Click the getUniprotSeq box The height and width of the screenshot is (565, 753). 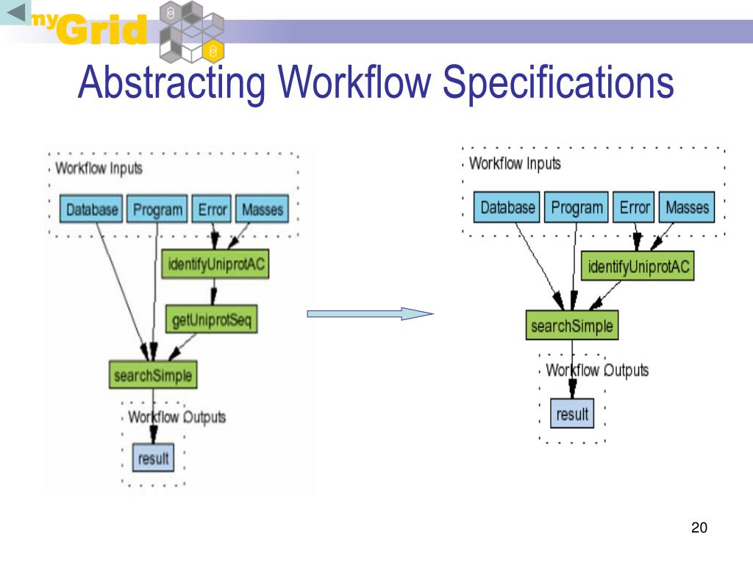[211, 319]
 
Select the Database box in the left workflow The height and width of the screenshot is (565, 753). [91, 209]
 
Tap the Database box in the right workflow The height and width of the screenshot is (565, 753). [507, 207]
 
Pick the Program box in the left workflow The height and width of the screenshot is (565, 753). [157, 209]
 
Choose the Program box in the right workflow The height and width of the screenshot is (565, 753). [577, 207]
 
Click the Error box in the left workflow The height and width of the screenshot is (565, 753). [212, 209]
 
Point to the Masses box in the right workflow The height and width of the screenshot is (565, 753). [687, 207]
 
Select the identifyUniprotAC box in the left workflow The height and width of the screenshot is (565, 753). [215, 264]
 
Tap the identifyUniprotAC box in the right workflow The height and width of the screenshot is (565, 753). [638, 266]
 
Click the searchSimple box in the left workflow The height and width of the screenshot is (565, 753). [153, 374]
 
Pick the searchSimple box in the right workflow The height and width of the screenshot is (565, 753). [572, 325]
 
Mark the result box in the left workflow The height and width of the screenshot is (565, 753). [153, 458]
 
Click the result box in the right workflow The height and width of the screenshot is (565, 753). [572, 413]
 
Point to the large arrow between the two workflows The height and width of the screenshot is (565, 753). [370, 313]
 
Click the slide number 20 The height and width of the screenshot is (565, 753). [699, 527]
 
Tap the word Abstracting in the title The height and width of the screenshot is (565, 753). [171, 82]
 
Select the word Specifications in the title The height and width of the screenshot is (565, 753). [558, 82]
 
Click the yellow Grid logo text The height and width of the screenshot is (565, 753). [102, 29]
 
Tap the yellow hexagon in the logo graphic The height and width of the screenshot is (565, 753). [213, 51]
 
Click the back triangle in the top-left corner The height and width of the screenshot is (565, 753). [16, 13]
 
